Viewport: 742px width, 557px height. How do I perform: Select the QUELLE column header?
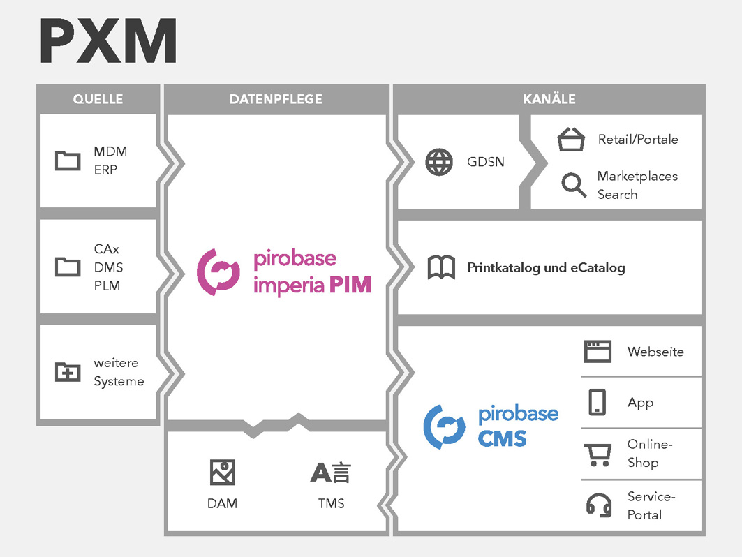pyautogui.click(x=98, y=99)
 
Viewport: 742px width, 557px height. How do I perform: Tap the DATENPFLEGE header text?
pyautogui.click(x=276, y=99)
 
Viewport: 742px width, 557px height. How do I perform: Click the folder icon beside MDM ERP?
pyautogui.click(x=68, y=161)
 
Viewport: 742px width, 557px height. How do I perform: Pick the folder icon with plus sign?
pyautogui.click(x=68, y=371)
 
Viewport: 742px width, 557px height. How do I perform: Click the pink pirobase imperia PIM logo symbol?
pyautogui.click(x=218, y=272)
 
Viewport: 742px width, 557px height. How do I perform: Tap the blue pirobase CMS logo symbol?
pyautogui.click(x=444, y=427)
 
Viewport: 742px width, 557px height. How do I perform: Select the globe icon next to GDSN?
pyautogui.click(x=439, y=162)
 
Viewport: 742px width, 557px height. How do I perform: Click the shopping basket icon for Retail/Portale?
pyautogui.click(x=571, y=139)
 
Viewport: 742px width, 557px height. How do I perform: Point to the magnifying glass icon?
pyautogui.click(x=574, y=184)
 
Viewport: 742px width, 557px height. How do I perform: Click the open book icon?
pyautogui.click(x=442, y=267)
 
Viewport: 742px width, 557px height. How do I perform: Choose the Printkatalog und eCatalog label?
pyautogui.click(x=546, y=267)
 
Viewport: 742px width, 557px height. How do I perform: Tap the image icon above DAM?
pyautogui.click(x=223, y=473)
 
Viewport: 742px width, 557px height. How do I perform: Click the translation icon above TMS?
pyautogui.click(x=331, y=473)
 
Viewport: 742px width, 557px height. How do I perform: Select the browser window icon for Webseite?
pyautogui.click(x=598, y=352)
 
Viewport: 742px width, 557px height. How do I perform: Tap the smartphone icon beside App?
pyautogui.click(x=598, y=402)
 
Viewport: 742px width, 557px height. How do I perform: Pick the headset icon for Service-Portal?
pyautogui.click(x=599, y=505)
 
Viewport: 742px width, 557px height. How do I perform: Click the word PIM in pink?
pyautogui.click(x=350, y=285)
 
